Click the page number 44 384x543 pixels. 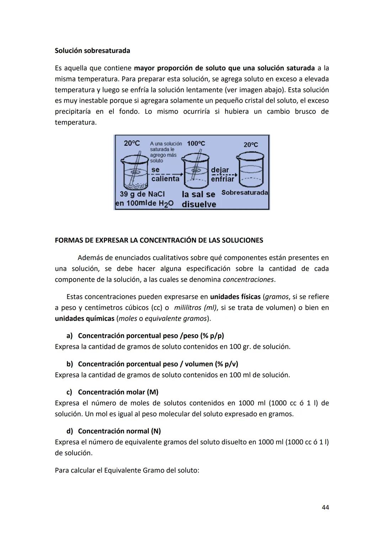(x=325, y=507)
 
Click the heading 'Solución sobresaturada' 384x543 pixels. (x=92, y=50)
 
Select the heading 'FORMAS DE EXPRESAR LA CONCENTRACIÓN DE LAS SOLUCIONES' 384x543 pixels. (x=159, y=240)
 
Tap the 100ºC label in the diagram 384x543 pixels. (x=196, y=143)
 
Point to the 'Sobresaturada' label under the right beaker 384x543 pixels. (x=245, y=192)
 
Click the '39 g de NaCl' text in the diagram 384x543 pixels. (x=142, y=194)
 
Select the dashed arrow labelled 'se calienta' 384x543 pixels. (x=165, y=174)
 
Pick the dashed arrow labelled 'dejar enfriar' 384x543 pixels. (x=224, y=175)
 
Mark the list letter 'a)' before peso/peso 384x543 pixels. (x=69, y=336)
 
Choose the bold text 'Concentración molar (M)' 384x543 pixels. (x=118, y=392)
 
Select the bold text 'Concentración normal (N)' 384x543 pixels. (x=119, y=431)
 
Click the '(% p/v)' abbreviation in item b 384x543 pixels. (x=226, y=364)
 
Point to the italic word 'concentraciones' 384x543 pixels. (x=248, y=280)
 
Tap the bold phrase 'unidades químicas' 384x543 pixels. (x=84, y=318)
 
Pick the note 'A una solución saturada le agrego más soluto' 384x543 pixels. (x=165, y=152)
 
